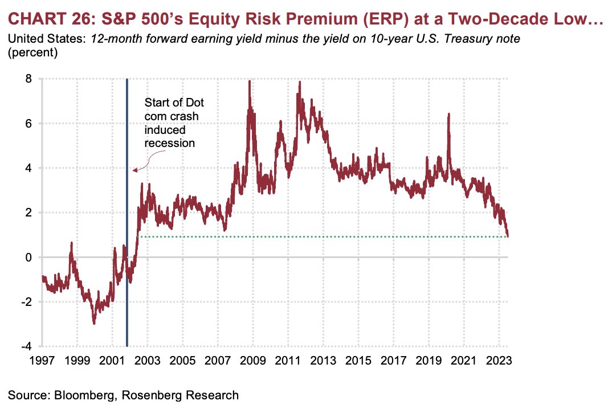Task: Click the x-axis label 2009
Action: [252, 360]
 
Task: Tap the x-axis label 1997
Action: [42, 360]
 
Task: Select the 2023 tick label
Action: [499, 360]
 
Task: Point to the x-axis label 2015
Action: [358, 360]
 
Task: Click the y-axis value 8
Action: [28, 79]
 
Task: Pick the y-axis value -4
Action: [26, 346]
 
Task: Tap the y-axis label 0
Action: [28, 257]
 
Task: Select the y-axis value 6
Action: [28, 123]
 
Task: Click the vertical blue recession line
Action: [127, 212]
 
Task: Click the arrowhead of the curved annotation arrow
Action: [134, 170]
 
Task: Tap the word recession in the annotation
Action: [169, 143]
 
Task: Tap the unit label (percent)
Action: [33, 52]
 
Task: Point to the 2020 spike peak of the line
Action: [448, 114]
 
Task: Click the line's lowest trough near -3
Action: [94, 324]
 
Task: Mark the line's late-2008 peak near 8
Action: [250, 81]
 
